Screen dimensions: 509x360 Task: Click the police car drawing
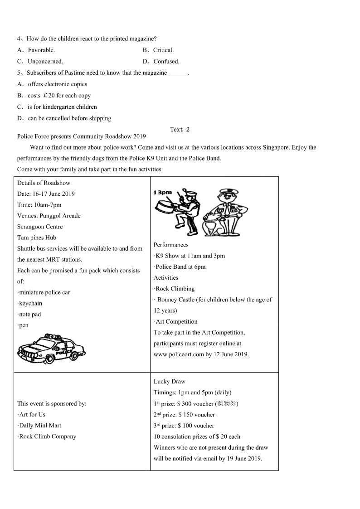tap(51, 349)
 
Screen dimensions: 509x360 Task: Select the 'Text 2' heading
tap(180, 130)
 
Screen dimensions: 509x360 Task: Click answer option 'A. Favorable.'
tap(36, 50)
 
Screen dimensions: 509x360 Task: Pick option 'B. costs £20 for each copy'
tap(54, 96)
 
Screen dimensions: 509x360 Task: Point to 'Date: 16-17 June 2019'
tap(46, 194)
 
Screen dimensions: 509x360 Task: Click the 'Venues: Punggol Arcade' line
tap(49, 216)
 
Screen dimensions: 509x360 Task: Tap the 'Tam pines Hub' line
tap(37, 238)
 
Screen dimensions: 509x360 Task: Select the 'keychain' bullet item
tap(30, 303)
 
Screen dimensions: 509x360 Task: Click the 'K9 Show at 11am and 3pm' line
tap(190, 256)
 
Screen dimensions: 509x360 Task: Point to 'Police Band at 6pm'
tap(180, 267)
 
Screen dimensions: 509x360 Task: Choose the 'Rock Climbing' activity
tap(175, 289)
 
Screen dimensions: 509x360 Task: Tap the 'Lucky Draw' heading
tap(170, 382)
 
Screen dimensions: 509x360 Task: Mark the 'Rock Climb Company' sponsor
tap(47, 436)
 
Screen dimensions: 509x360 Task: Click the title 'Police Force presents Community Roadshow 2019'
tap(82, 136)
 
